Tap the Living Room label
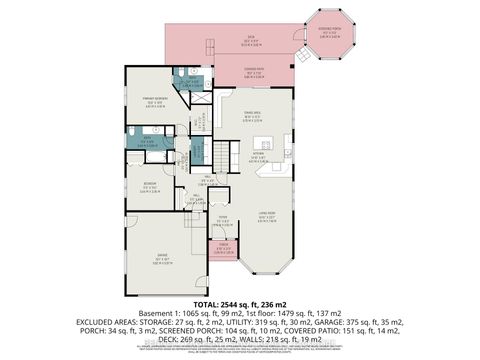(x=268, y=217)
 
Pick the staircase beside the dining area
(x=223, y=154)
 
